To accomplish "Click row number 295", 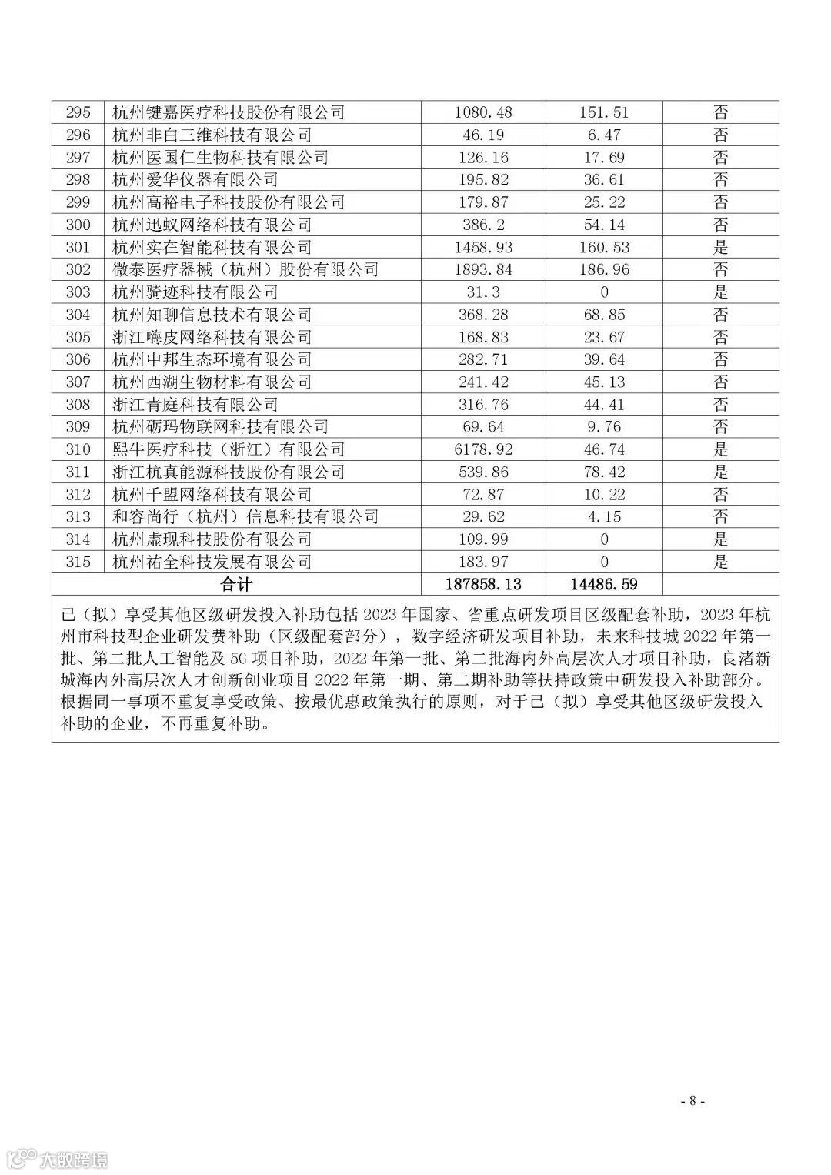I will [78, 112].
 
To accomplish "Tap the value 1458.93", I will [483, 247].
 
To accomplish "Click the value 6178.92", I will [483, 449].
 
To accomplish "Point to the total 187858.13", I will [483, 584].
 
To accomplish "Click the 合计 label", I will [235, 584].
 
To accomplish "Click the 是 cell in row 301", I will [720, 247].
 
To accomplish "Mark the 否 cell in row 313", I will [720, 517].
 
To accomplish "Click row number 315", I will [78, 562].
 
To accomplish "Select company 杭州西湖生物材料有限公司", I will [212, 382].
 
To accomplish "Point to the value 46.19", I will [483, 135].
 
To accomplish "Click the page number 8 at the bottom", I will [692, 1100].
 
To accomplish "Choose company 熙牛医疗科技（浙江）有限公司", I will [229, 449].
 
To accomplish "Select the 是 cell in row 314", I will [720, 539].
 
